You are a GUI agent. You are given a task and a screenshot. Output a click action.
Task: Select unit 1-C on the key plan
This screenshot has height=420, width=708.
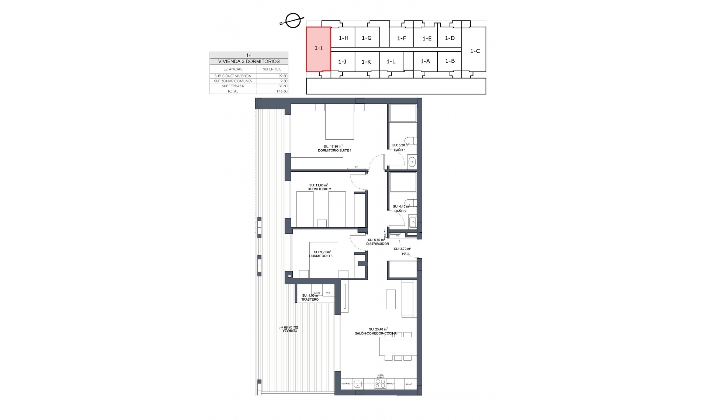(475, 51)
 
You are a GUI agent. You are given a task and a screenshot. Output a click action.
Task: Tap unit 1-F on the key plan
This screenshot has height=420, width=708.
(401, 38)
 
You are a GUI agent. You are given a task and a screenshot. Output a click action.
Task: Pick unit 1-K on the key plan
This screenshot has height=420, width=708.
(366, 62)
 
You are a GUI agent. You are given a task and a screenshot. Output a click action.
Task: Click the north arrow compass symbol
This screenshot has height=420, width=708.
(293, 21)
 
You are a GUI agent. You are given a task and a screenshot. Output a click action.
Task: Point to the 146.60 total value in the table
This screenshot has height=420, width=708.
(282, 91)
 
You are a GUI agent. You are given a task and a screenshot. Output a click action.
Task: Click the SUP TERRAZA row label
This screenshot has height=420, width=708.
(233, 86)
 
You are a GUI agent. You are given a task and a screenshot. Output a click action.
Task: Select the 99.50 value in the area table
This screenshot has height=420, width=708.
(283, 76)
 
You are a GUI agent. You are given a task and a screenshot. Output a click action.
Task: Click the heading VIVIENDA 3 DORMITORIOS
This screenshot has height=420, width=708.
(249, 62)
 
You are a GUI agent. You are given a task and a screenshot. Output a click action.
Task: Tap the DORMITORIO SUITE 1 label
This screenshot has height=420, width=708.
(334, 151)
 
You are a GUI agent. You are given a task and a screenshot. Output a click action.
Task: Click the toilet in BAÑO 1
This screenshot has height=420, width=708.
(410, 140)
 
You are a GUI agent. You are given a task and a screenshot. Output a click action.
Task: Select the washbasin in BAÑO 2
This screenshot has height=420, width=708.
(413, 222)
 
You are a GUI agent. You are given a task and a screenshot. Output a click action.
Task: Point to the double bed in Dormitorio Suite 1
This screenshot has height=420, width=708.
(340, 123)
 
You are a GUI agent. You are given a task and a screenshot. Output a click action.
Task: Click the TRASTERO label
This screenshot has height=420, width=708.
(310, 300)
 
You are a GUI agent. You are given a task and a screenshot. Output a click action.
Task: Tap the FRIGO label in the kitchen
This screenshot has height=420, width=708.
(409, 384)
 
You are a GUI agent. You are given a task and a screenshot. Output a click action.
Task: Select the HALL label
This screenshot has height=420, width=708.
(406, 254)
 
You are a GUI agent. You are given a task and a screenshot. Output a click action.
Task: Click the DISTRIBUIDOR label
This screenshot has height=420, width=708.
(377, 244)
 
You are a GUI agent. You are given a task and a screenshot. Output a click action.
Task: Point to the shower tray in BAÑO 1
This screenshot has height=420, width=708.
(403, 113)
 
